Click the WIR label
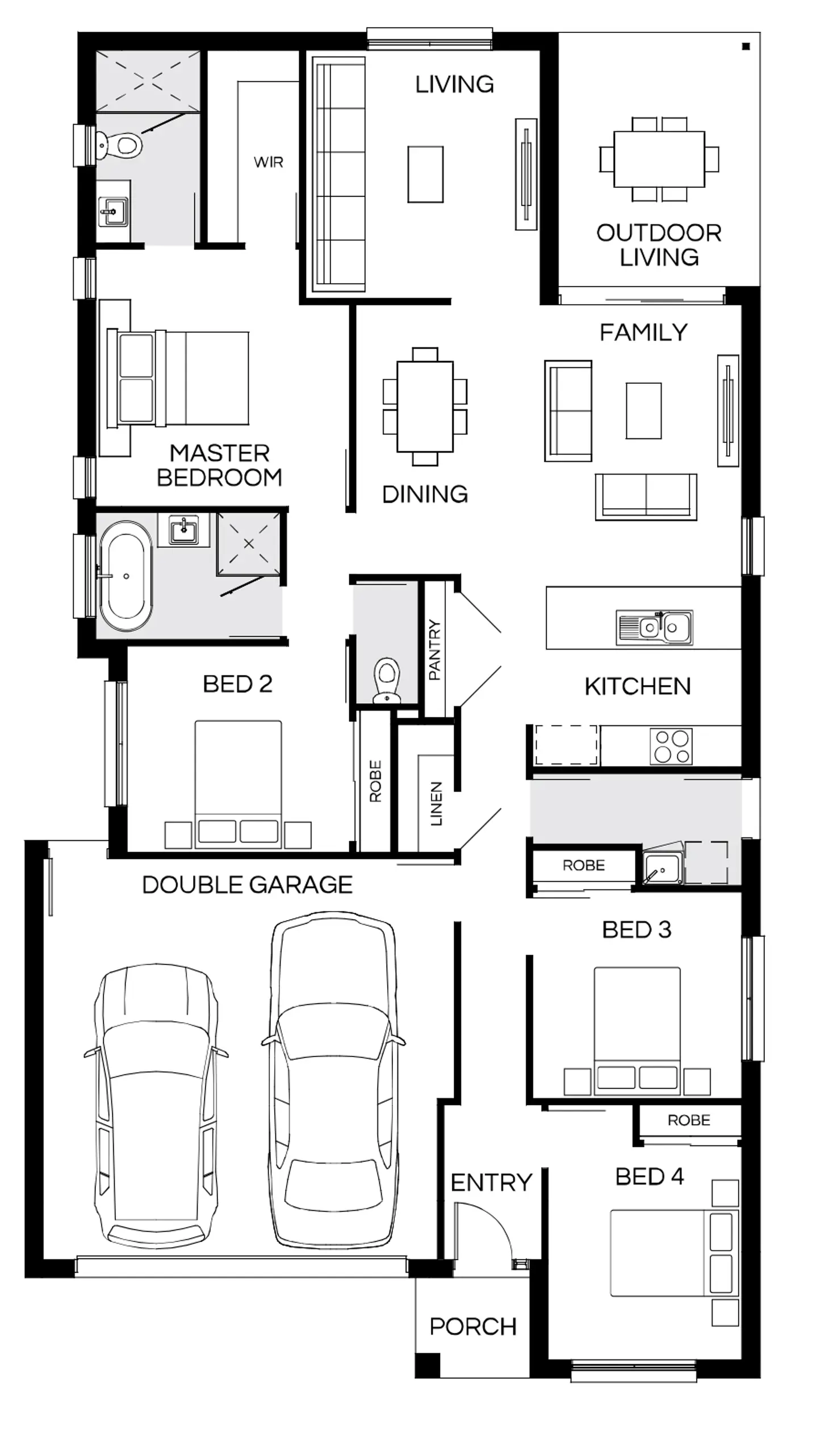pyautogui.click(x=269, y=162)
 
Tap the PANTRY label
pyautogui.click(x=435, y=649)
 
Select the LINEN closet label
pyautogui.click(x=437, y=803)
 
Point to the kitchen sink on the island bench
pyautogui.click(x=655, y=627)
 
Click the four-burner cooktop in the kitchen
pyautogui.click(x=671, y=746)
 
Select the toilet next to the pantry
pyautogui.click(x=387, y=681)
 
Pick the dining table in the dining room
pyautogui.click(x=425, y=405)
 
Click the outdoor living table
pyautogui.click(x=659, y=159)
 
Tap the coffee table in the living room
pyautogui.click(x=425, y=174)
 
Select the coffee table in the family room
pyautogui.click(x=643, y=410)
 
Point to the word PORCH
pyautogui.click(x=473, y=1327)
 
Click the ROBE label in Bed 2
pyautogui.click(x=375, y=781)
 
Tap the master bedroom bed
pyautogui.click(x=178, y=378)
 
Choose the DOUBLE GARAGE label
pyautogui.click(x=247, y=885)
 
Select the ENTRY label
pyautogui.click(x=491, y=1182)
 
